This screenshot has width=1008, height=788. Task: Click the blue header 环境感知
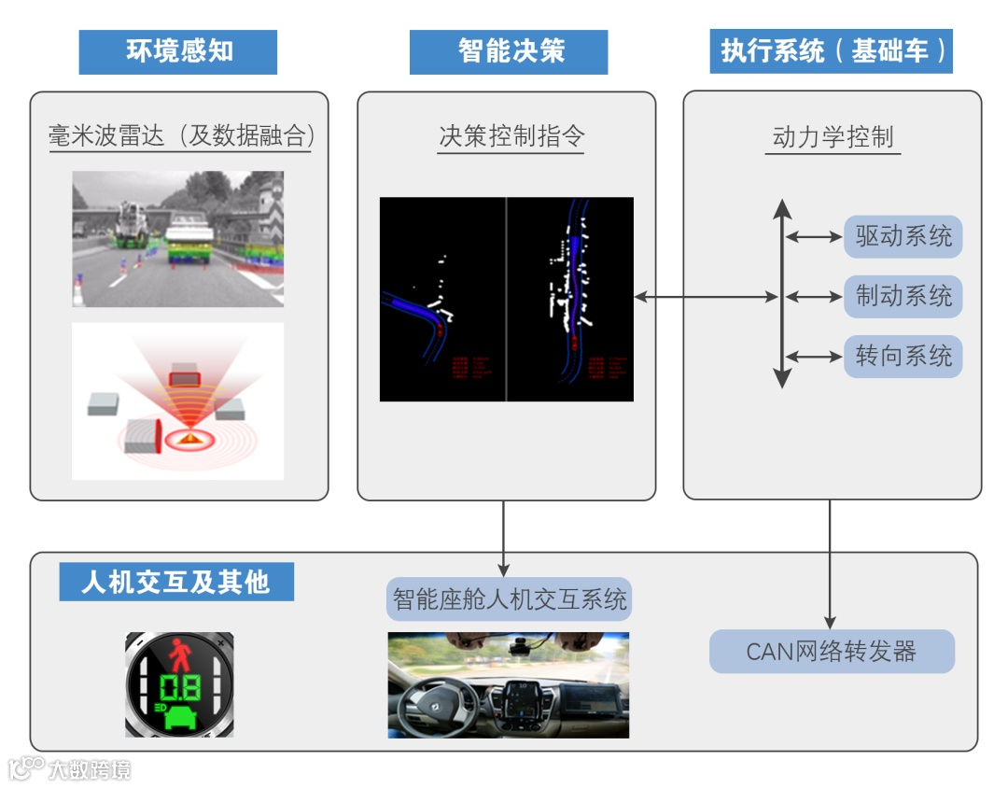[x=177, y=51]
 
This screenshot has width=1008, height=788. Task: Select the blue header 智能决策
[x=509, y=51]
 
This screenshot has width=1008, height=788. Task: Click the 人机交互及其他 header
[x=176, y=582]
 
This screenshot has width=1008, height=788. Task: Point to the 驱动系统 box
[x=903, y=237]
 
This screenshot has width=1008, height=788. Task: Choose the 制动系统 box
[x=903, y=297]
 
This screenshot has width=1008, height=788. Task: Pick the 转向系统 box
[x=903, y=357]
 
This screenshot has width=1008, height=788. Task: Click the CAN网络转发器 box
[x=832, y=652]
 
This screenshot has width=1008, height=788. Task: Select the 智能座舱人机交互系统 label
[x=509, y=599]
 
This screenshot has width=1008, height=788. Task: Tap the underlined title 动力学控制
[x=833, y=137]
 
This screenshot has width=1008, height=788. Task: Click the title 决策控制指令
[x=511, y=136]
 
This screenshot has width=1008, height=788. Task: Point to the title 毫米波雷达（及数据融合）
[x=181, y=136]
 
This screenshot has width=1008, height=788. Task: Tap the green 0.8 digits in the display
[x=179, y=688]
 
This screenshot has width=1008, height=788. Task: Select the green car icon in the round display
[x=181, y=717]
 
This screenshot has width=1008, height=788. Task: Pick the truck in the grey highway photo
[x=189, y=238]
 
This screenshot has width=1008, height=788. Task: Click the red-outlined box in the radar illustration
[x=185, y=378]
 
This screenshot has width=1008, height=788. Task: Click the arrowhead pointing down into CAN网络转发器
[x=830, y=622]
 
